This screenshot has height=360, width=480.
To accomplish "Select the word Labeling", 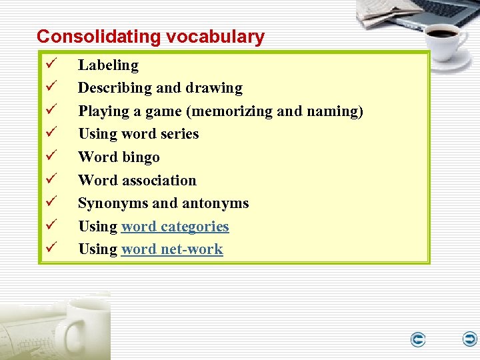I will point(108,65).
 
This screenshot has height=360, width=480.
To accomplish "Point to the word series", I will point(176,134).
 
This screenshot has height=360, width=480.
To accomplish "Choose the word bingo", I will point(141,157).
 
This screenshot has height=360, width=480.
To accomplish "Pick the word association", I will point(165,180).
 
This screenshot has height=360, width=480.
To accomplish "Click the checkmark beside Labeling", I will point(51,65).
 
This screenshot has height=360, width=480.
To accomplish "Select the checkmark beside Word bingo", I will point(51,157).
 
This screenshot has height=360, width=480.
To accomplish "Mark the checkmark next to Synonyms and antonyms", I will point(51,203).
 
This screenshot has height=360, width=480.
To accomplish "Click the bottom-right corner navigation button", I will point(469,339).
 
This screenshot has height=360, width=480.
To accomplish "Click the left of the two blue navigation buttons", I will point(418,340).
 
